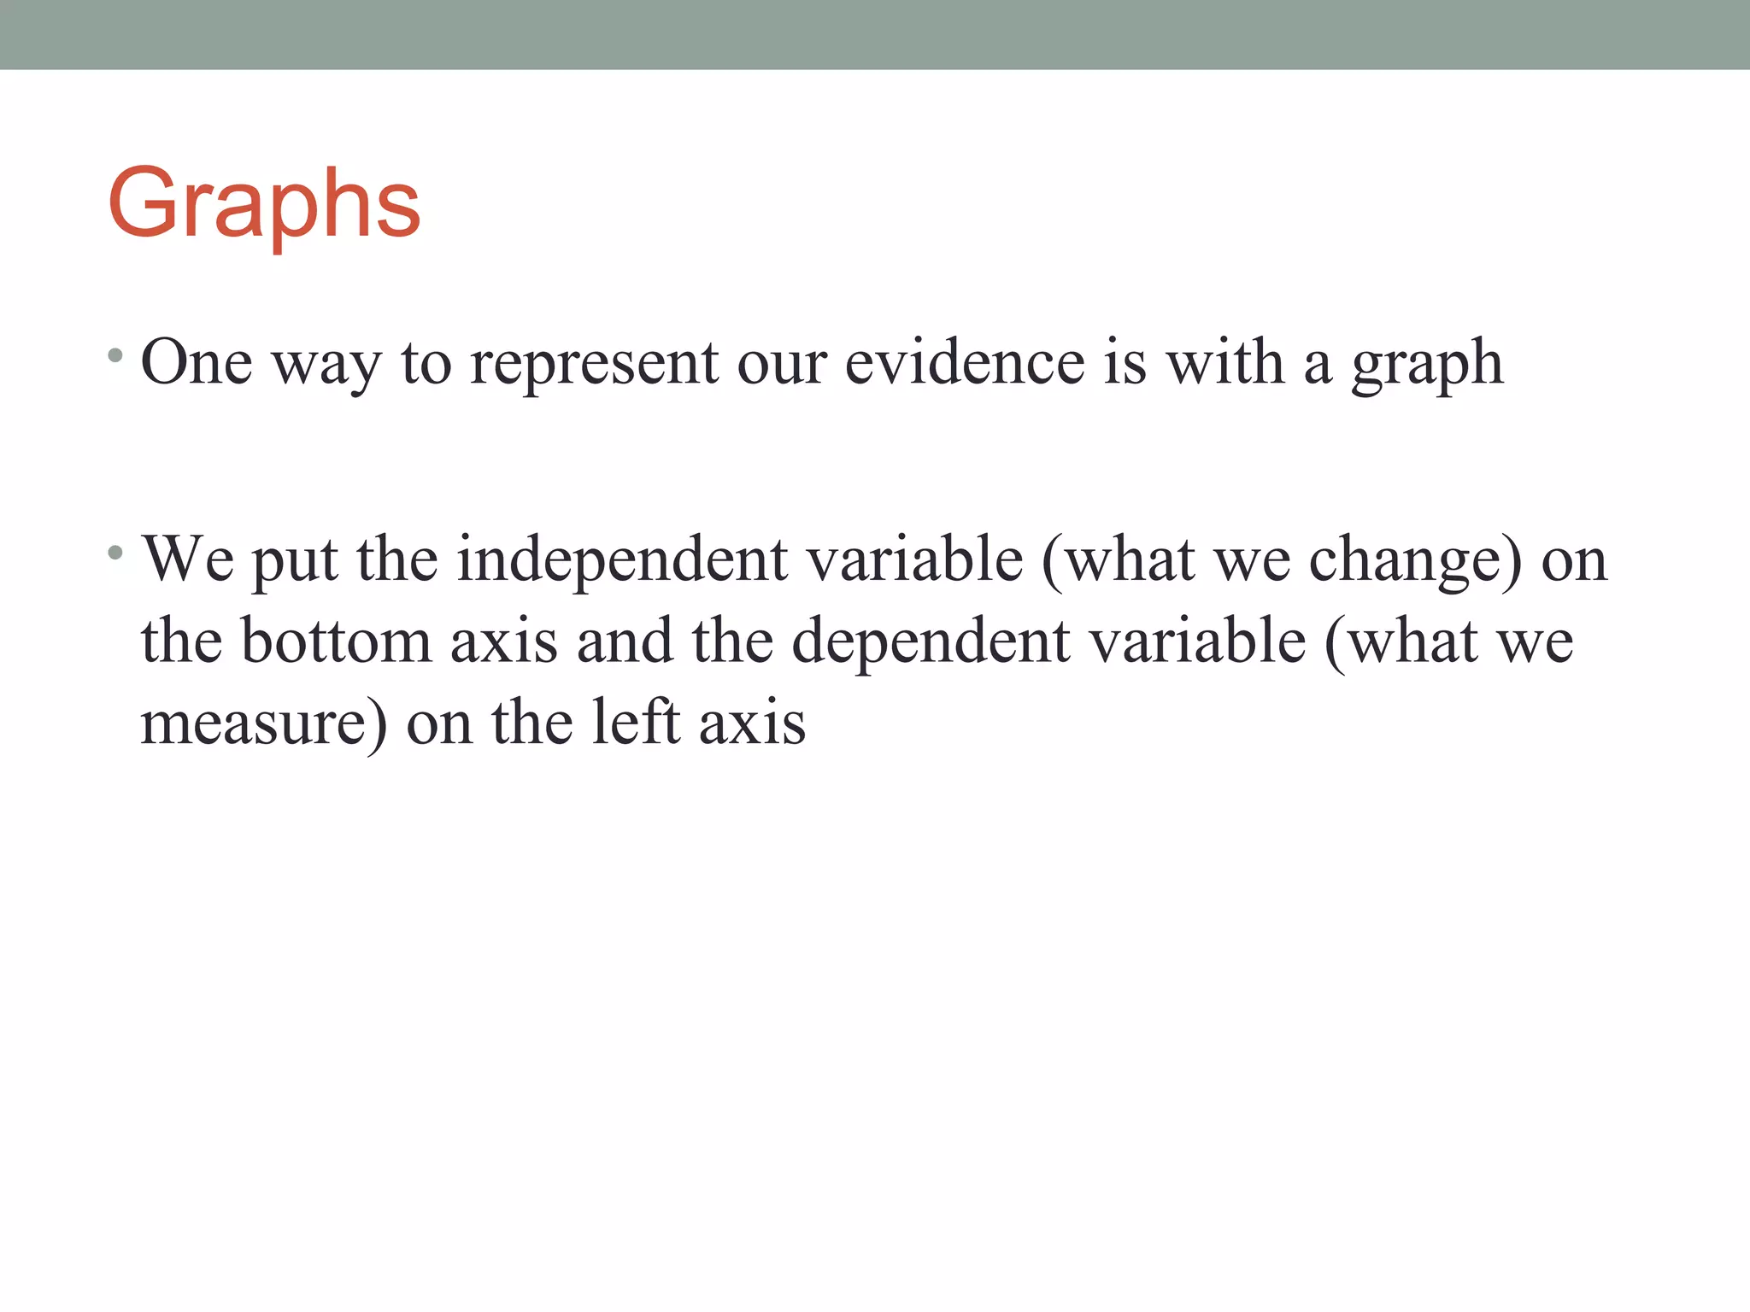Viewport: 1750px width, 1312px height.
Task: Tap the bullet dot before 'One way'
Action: tap(115, 354)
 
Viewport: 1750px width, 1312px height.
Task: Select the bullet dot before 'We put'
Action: tap(115, 553)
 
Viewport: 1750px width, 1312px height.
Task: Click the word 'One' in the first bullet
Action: tap(196, 363)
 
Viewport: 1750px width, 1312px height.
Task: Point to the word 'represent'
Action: tap(594, 363)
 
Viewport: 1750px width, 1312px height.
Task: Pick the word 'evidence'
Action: tap(964, 363)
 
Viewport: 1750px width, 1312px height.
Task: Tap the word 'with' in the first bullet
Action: tap(1225, 363)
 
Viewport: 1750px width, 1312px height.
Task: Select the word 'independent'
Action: tap(622, 560)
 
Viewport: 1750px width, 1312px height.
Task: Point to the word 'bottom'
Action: tap(337, 641)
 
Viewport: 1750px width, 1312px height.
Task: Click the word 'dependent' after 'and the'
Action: tap(931, 643)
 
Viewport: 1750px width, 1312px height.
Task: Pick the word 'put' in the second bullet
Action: tap(295, 562)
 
